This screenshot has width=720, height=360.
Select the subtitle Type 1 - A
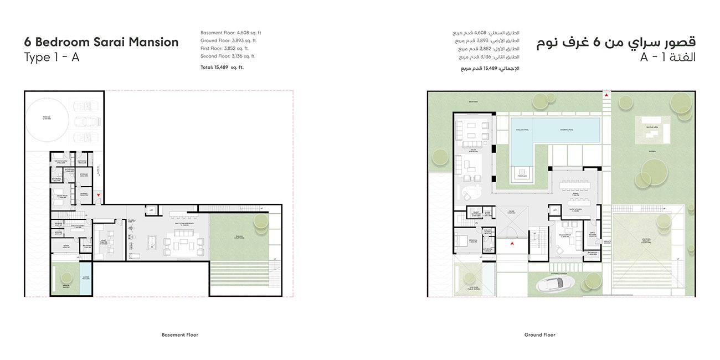pyautogui.click(x=52, y=58)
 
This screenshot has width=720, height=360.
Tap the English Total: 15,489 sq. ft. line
pyautogui.click(x=222, y=67)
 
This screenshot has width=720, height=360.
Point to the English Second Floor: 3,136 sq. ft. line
pyautogui.click(x=228, y=56)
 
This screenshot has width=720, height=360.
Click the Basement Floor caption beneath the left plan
pyautogui.click(x=179, y=335)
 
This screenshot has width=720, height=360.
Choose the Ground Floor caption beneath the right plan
pyautogui.click(x=539, y=335)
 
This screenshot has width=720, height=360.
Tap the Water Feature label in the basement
pyautogui.click(x=86, y=278)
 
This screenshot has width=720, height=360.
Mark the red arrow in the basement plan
pyautogui.click(x=98, y=195)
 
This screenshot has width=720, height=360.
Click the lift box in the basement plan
pyautogui.click(x=150, y=210)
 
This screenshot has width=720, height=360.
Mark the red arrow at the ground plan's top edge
pyautogui.click(x=607, y=96)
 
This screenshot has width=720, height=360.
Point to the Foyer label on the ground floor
pyautogui.click(x=511, y=212)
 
